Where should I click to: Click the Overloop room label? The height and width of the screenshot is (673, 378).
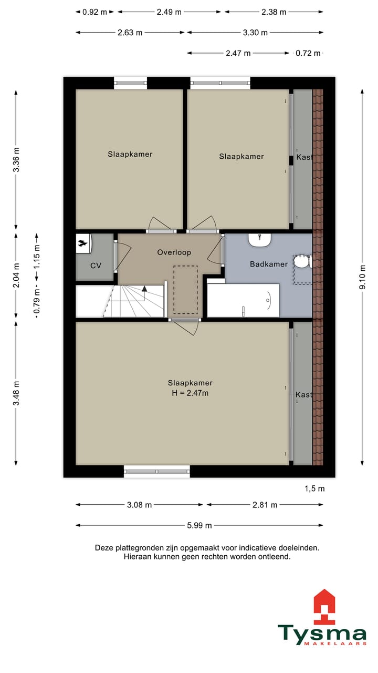point(174,252)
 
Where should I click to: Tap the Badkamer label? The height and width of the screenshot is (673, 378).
point(269,264)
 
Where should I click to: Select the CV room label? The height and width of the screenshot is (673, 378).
point(96,266)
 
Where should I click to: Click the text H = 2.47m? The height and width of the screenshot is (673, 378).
point(190,393)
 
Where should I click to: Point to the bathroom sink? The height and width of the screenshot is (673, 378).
point(260,240)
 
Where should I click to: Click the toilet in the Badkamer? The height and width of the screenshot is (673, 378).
point(302,261)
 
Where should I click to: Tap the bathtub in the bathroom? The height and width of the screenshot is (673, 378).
point(243,300)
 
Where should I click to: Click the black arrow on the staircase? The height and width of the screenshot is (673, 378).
point(144,289)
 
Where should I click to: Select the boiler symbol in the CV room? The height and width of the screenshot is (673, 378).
point(83,243)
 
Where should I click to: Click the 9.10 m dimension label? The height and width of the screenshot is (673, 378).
point(362,277)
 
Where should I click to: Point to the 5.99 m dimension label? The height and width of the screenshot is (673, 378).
point(199,525)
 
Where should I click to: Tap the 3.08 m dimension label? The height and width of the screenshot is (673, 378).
point(139,505)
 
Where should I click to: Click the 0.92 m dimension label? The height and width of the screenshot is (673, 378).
point(94,12)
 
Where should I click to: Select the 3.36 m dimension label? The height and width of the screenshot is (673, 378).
point(16,160)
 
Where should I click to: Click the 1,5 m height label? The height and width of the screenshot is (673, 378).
point(314,488)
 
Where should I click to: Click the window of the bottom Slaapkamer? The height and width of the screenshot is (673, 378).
point(157,472)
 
